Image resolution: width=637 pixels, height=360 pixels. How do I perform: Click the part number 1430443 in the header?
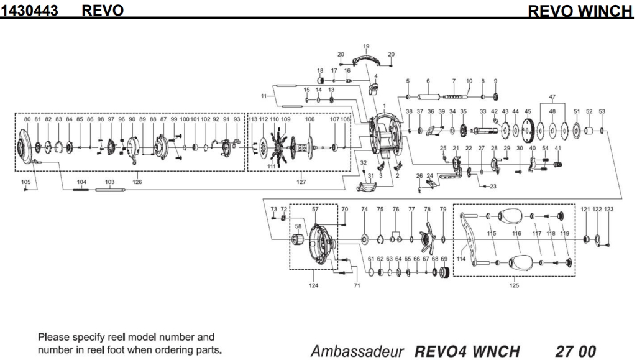click(x=34, y=9)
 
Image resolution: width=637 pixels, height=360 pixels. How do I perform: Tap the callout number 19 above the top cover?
click(x=366, y=47)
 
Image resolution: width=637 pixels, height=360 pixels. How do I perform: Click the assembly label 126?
click(x=137, y=182)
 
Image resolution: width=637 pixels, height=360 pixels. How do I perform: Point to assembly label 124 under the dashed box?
click(x=314, y=285)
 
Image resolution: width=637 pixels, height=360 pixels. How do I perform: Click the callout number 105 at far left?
click(x=25, y=182)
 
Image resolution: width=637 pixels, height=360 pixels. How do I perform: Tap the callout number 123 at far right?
click(x=608, y=210)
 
